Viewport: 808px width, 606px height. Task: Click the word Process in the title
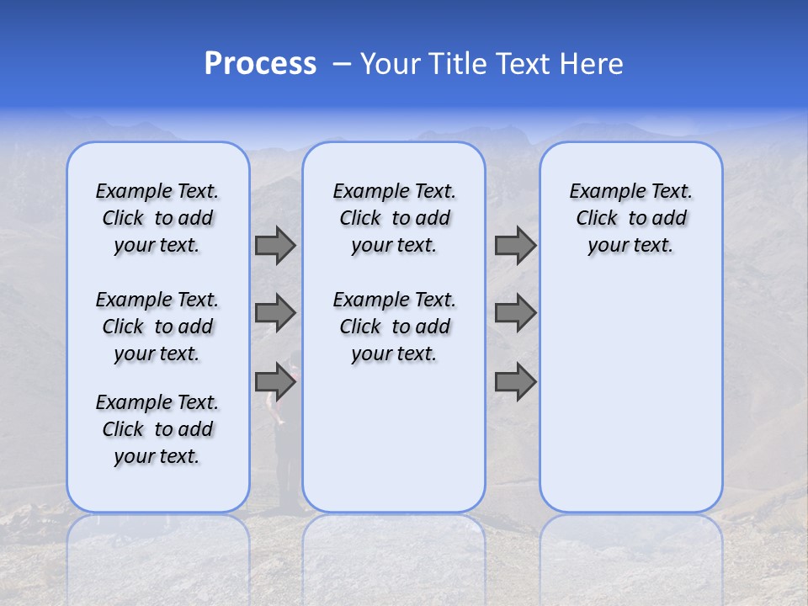(x=260, y=64)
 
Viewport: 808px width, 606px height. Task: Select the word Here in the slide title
(x=591, y=64)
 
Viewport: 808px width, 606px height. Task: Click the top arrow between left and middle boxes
(x=275, y=245)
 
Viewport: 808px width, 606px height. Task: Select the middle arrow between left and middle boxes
(x=275, y=313)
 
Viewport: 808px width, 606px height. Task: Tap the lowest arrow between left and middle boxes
(x=275, y=382)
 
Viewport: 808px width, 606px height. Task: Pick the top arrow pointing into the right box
(x=515, y=245)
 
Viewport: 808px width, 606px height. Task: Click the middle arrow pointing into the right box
(x=515, y=313)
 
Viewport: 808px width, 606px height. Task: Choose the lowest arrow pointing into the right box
(x=515, y=382)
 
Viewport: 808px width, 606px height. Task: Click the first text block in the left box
(x=157, y=218)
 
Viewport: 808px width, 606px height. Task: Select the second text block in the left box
(x=157, y=327)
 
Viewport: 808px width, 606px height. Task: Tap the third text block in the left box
(x=157, y=429)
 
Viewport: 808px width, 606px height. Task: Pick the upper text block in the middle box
(x=394, y=218)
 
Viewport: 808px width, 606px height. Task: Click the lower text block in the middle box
(x=394, y=327)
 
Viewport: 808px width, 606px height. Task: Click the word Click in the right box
(x=597, y=219)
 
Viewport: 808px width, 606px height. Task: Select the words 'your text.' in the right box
(x=630, y=246)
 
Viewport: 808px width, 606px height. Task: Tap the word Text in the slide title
(x=524, y=64)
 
